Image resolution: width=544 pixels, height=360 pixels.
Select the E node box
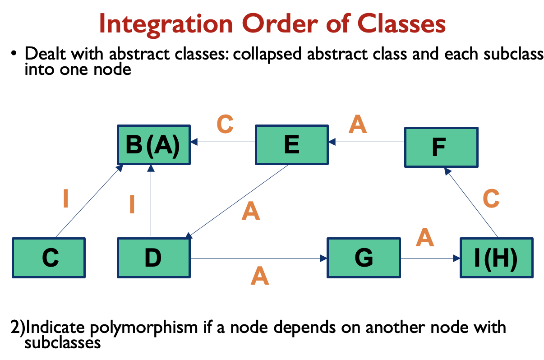(291, 144)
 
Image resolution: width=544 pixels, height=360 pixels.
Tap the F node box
(441, 147)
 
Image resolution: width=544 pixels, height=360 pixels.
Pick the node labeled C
(49, 258)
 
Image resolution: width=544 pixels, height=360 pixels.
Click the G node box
(364, 258)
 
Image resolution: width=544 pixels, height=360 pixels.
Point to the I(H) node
(496, 258)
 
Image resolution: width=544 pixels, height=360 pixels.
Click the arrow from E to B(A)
(223, 142)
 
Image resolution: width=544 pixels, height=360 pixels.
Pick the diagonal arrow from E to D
(238, 201)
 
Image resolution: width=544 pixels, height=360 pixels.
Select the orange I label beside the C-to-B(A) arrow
(66, 198)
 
